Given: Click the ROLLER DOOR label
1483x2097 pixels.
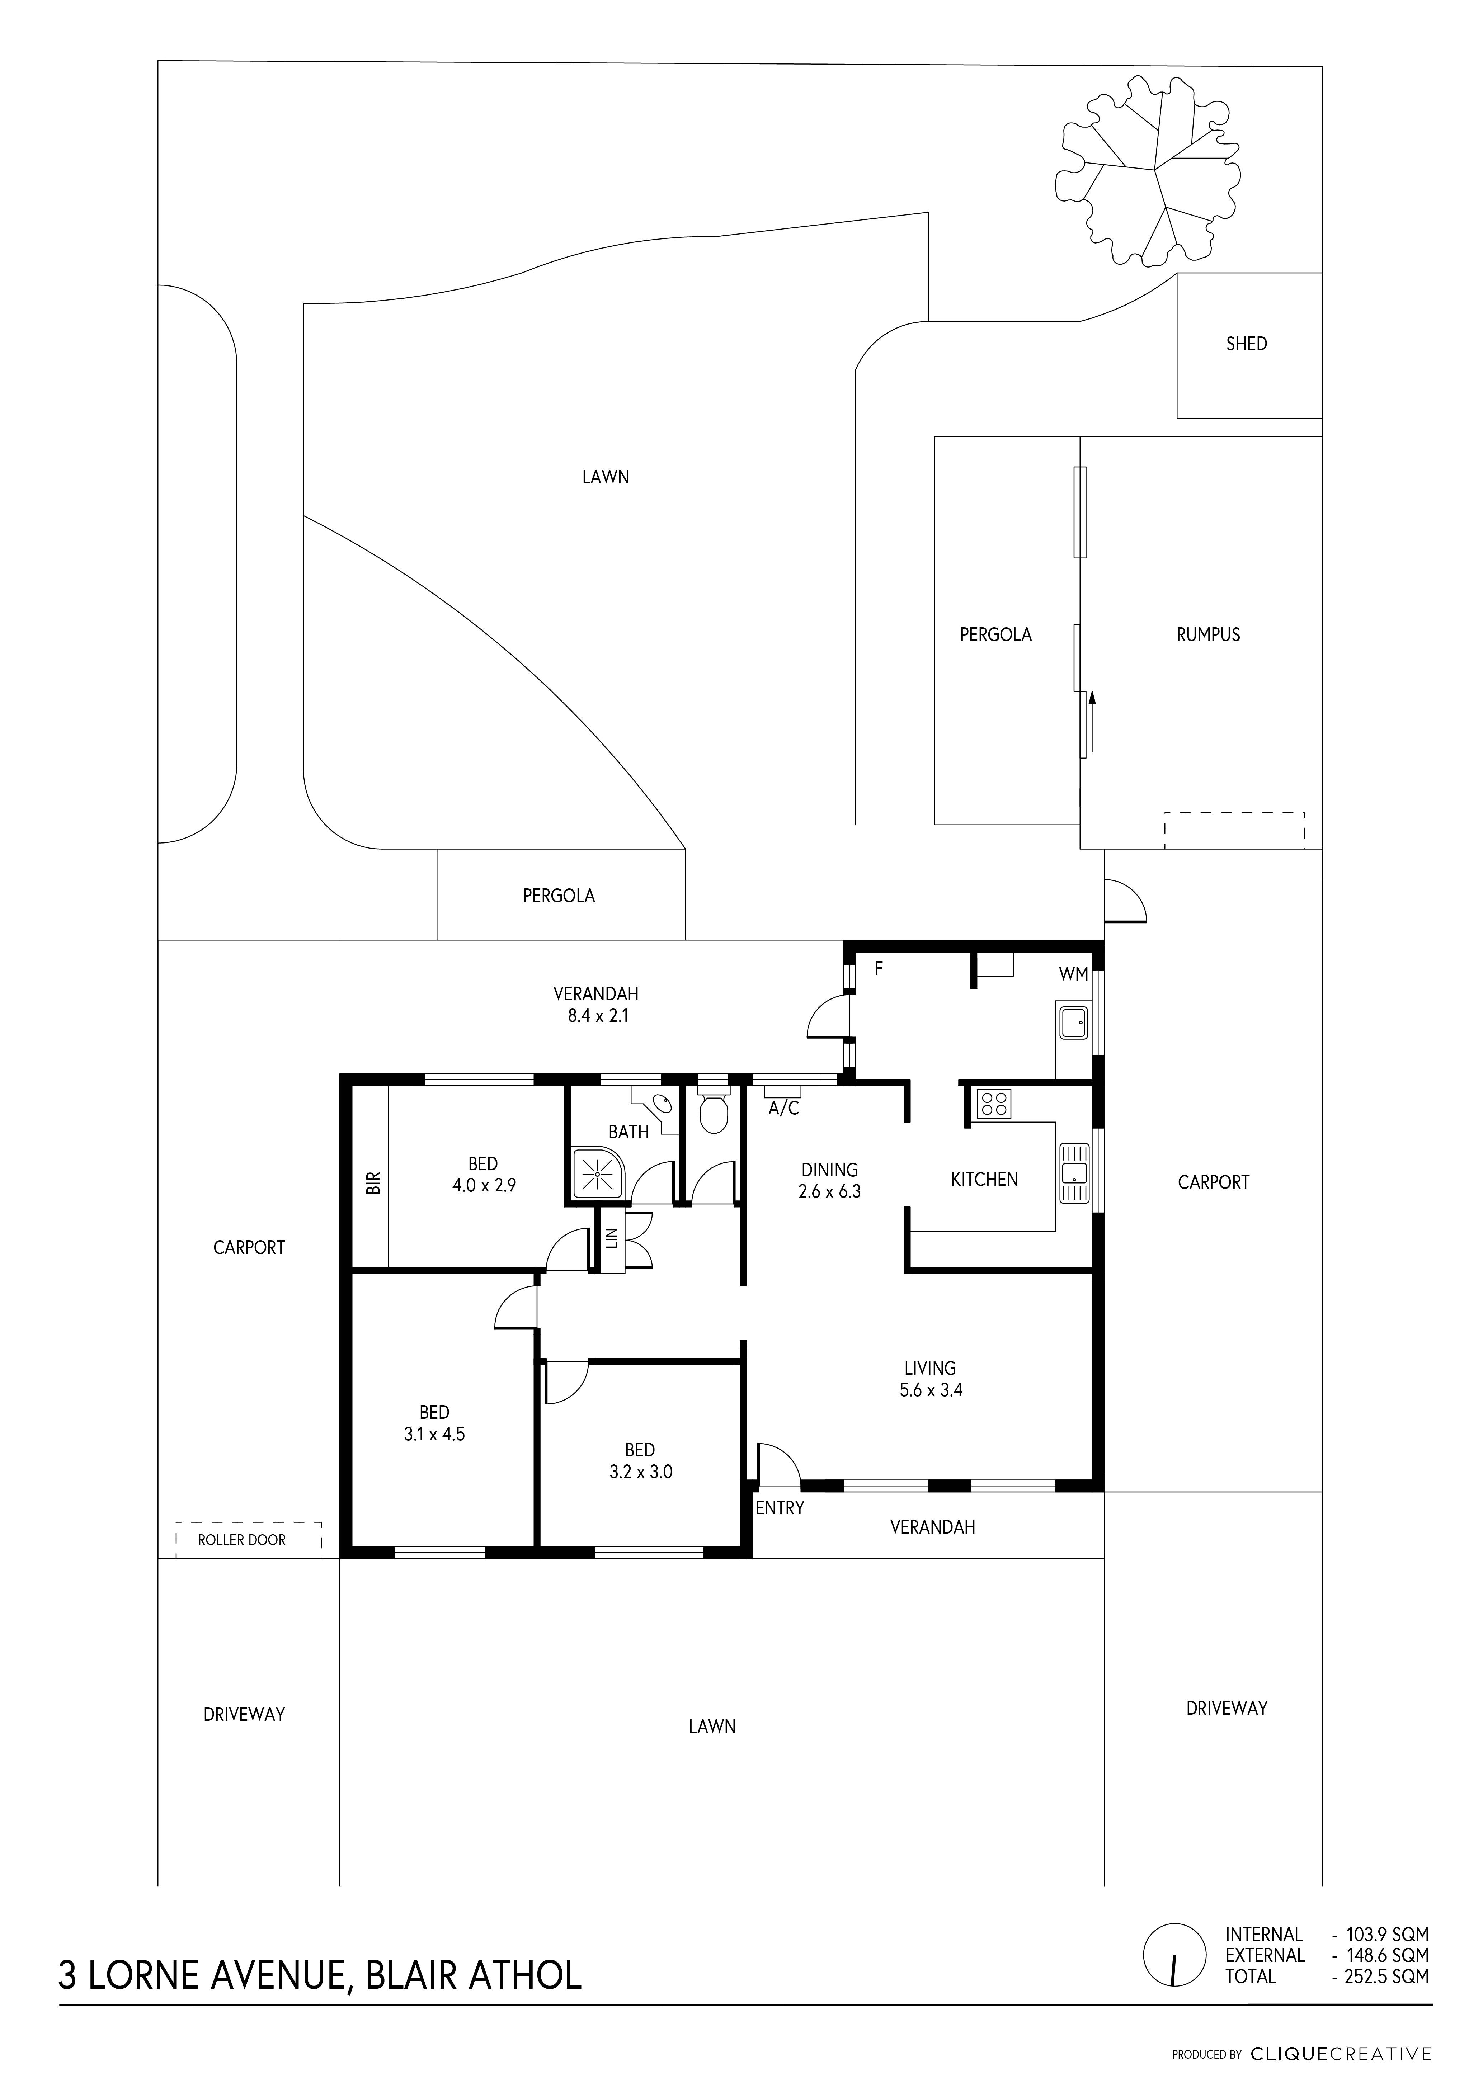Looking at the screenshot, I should tap(242, 1540).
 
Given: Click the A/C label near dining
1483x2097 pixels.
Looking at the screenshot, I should tap(783, 1109).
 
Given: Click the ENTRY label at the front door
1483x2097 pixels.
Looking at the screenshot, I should tap(780, 1508).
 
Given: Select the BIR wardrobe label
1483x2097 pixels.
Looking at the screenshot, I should tap(372, 1183).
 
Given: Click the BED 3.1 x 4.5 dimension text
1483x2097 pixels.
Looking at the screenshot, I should tap(434, 1434).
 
